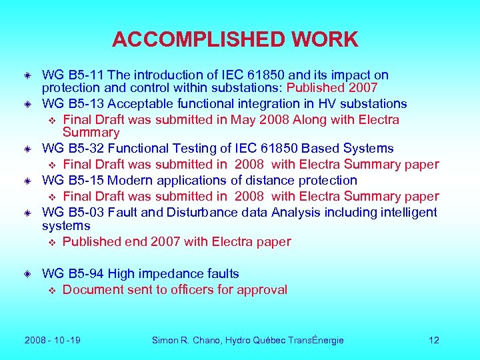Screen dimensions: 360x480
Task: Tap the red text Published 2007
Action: [332, 88]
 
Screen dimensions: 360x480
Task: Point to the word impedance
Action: [171, 273]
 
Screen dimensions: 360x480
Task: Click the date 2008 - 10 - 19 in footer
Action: [53, 340]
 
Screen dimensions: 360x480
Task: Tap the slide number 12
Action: [433, 340]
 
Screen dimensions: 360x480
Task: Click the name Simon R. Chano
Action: [185, 340]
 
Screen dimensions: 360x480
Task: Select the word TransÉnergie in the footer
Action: [315, 340]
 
